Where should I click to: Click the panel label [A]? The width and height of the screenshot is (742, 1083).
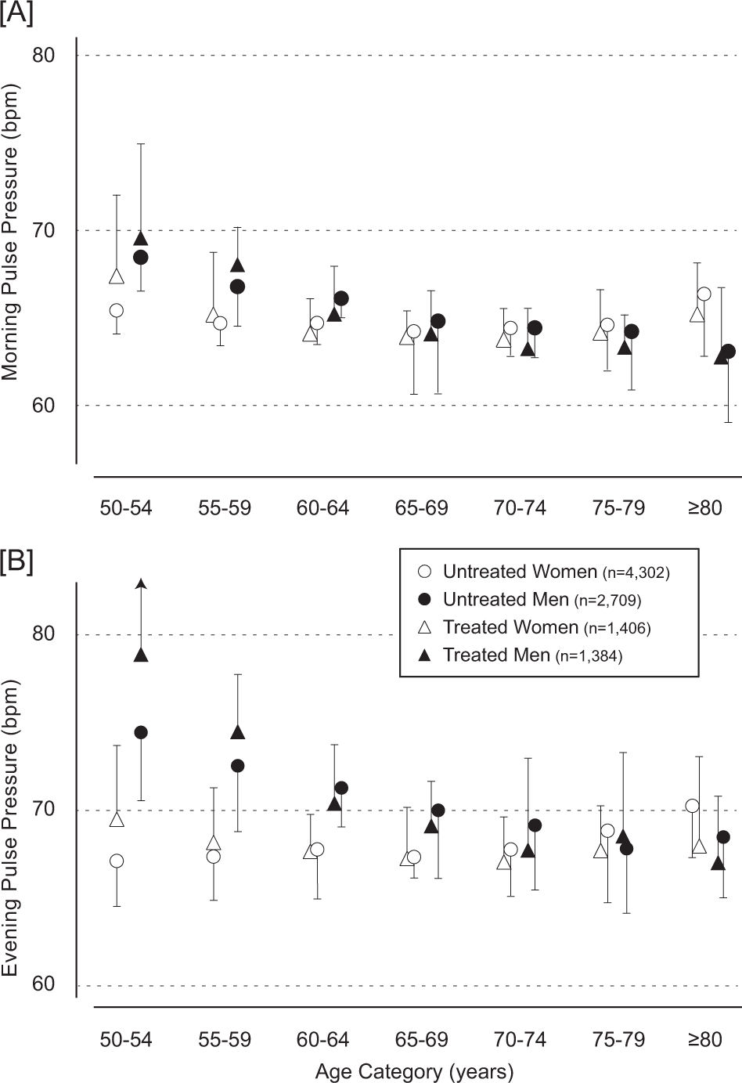tap(16, 13)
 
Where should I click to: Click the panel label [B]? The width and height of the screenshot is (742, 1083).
tap(16, 562)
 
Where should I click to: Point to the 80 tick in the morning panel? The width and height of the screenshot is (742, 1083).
tap(43, 56)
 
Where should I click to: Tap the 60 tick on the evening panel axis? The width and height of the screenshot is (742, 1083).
tap(43, 984)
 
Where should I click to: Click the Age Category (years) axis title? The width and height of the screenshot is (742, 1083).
tap(414, 1070)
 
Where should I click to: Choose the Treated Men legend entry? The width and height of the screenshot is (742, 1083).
tap(532, 655)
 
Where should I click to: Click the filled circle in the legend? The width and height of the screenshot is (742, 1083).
tap(425, 600)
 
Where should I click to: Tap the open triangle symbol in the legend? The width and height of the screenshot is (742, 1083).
tap(425, 627)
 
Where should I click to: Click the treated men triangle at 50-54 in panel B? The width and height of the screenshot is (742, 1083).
tap(141, 655)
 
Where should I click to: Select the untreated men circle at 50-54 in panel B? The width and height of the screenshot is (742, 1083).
tap(141, 732)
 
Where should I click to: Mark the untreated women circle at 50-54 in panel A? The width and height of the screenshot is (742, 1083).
tap(117, 310)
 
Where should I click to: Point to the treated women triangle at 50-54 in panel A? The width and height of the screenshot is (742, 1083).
tap(117, 276)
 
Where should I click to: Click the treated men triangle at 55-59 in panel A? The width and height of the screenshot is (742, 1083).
tap(237, 265)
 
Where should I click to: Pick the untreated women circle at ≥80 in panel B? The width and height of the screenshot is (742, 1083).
tap(692, 806)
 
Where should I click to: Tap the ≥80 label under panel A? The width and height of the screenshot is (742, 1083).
tap(704, 508)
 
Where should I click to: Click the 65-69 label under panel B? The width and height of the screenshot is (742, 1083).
tap(421, 1040)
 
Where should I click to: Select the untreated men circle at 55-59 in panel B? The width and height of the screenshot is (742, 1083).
tap(237, 766)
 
